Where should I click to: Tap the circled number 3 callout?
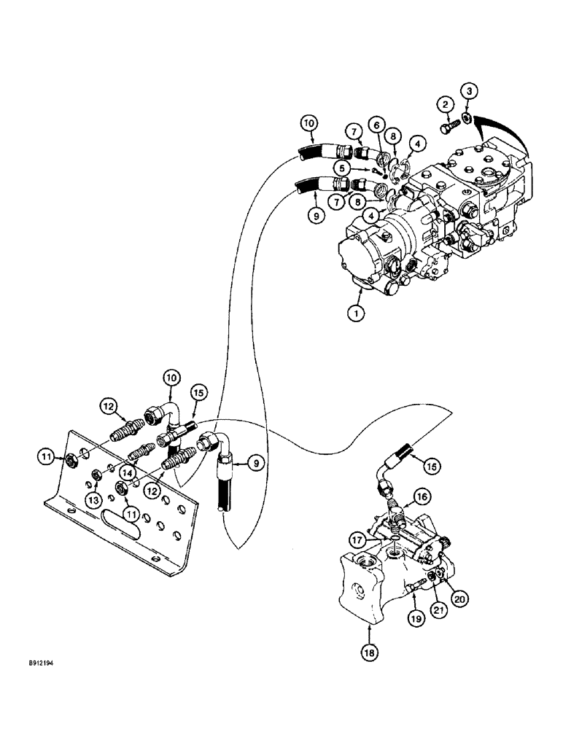469,90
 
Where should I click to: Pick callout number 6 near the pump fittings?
376,125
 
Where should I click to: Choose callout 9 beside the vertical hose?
255,461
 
